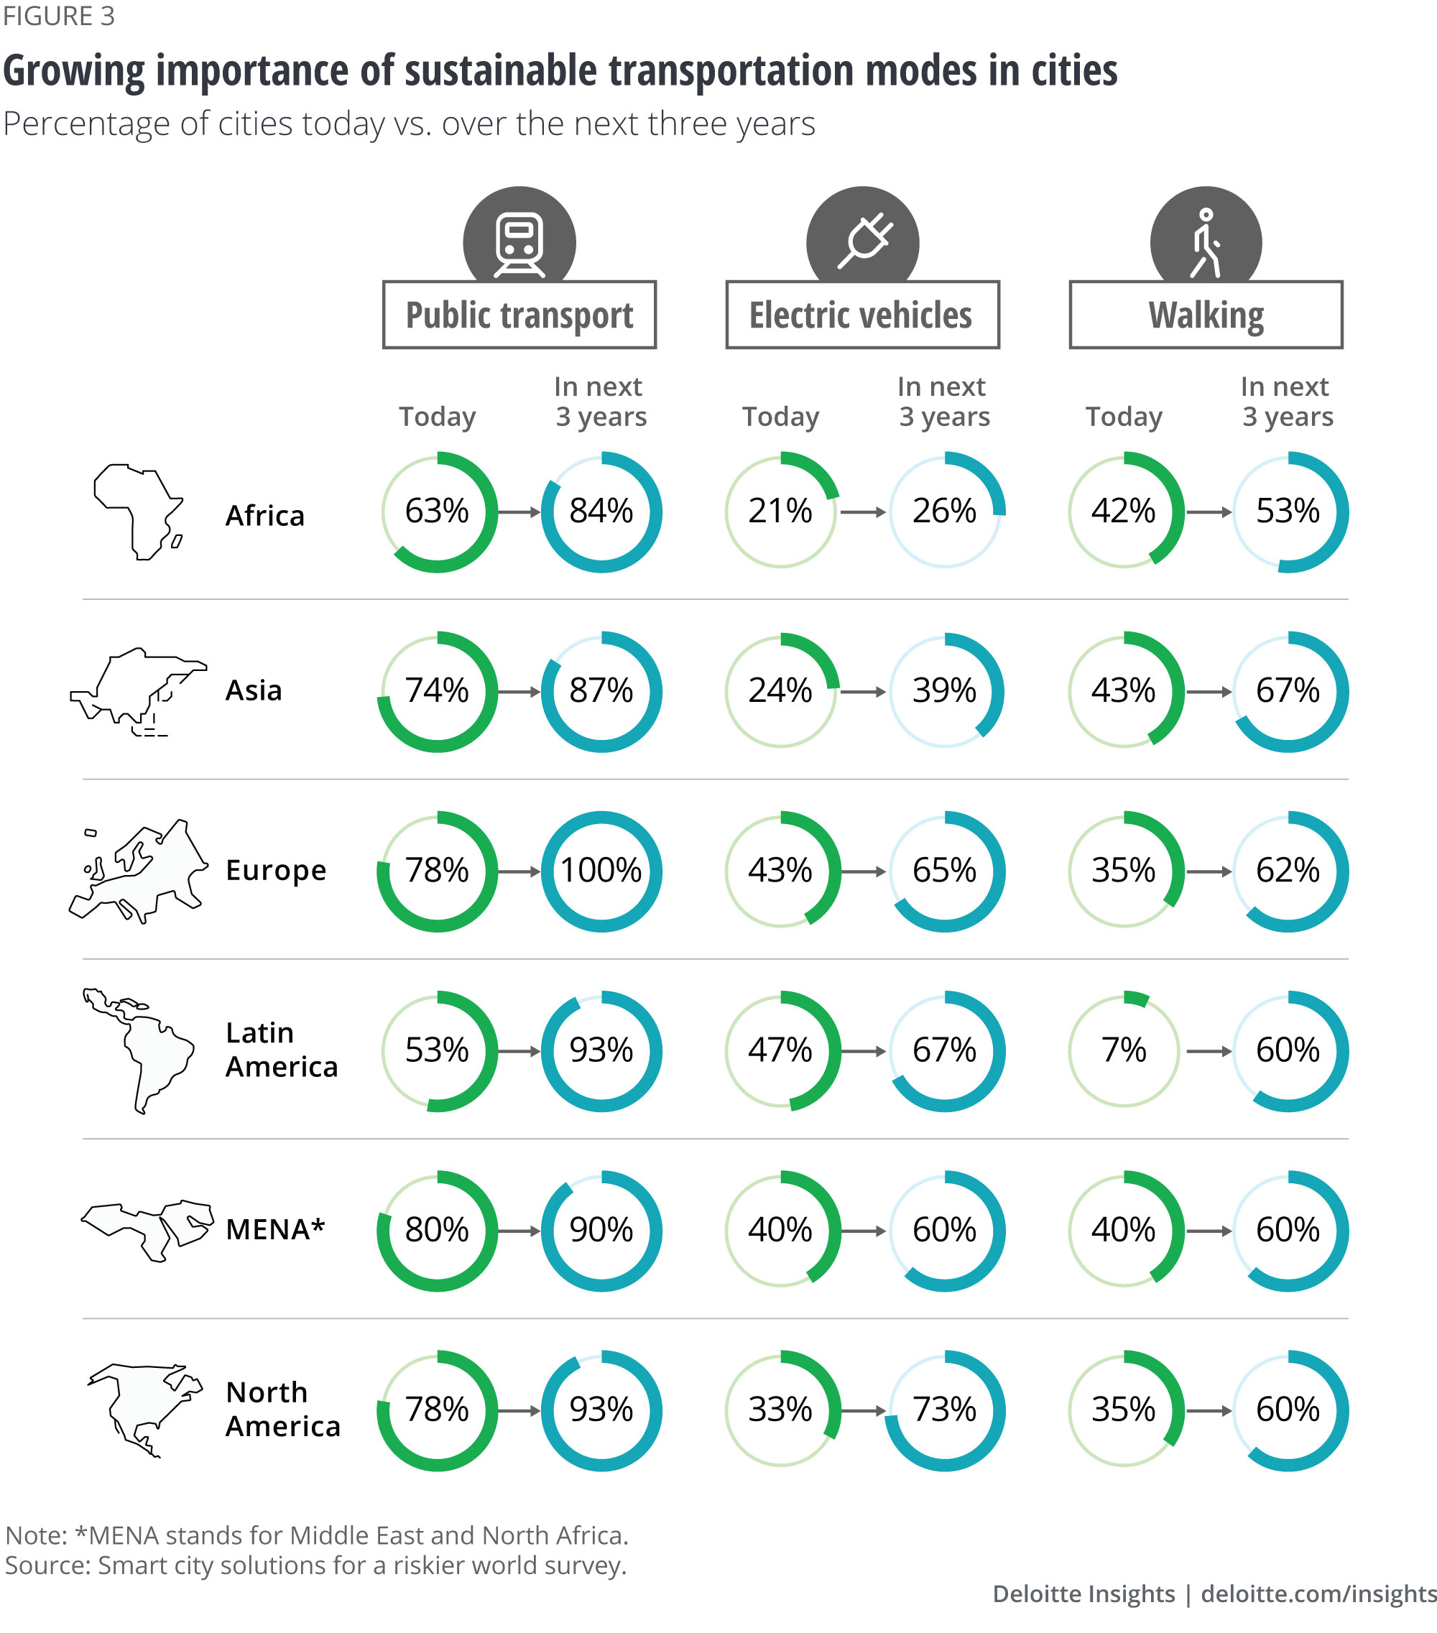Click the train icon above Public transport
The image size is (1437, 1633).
[519, 242]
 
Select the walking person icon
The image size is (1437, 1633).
[1206, 242]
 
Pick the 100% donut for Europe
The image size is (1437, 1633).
[601, 871]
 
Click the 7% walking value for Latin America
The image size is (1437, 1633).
[1123, 1050]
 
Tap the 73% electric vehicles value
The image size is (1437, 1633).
[944, 1410]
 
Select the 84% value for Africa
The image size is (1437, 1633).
[601, 512]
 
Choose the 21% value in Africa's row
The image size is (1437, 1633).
[780, 512]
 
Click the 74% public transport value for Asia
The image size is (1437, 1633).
[437, 691]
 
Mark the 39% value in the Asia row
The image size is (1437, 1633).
[944, 691]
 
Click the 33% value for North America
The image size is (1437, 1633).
[780, 1410]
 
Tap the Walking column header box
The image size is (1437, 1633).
[1206, 315]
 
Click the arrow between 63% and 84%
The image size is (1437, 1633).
[519, 512]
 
